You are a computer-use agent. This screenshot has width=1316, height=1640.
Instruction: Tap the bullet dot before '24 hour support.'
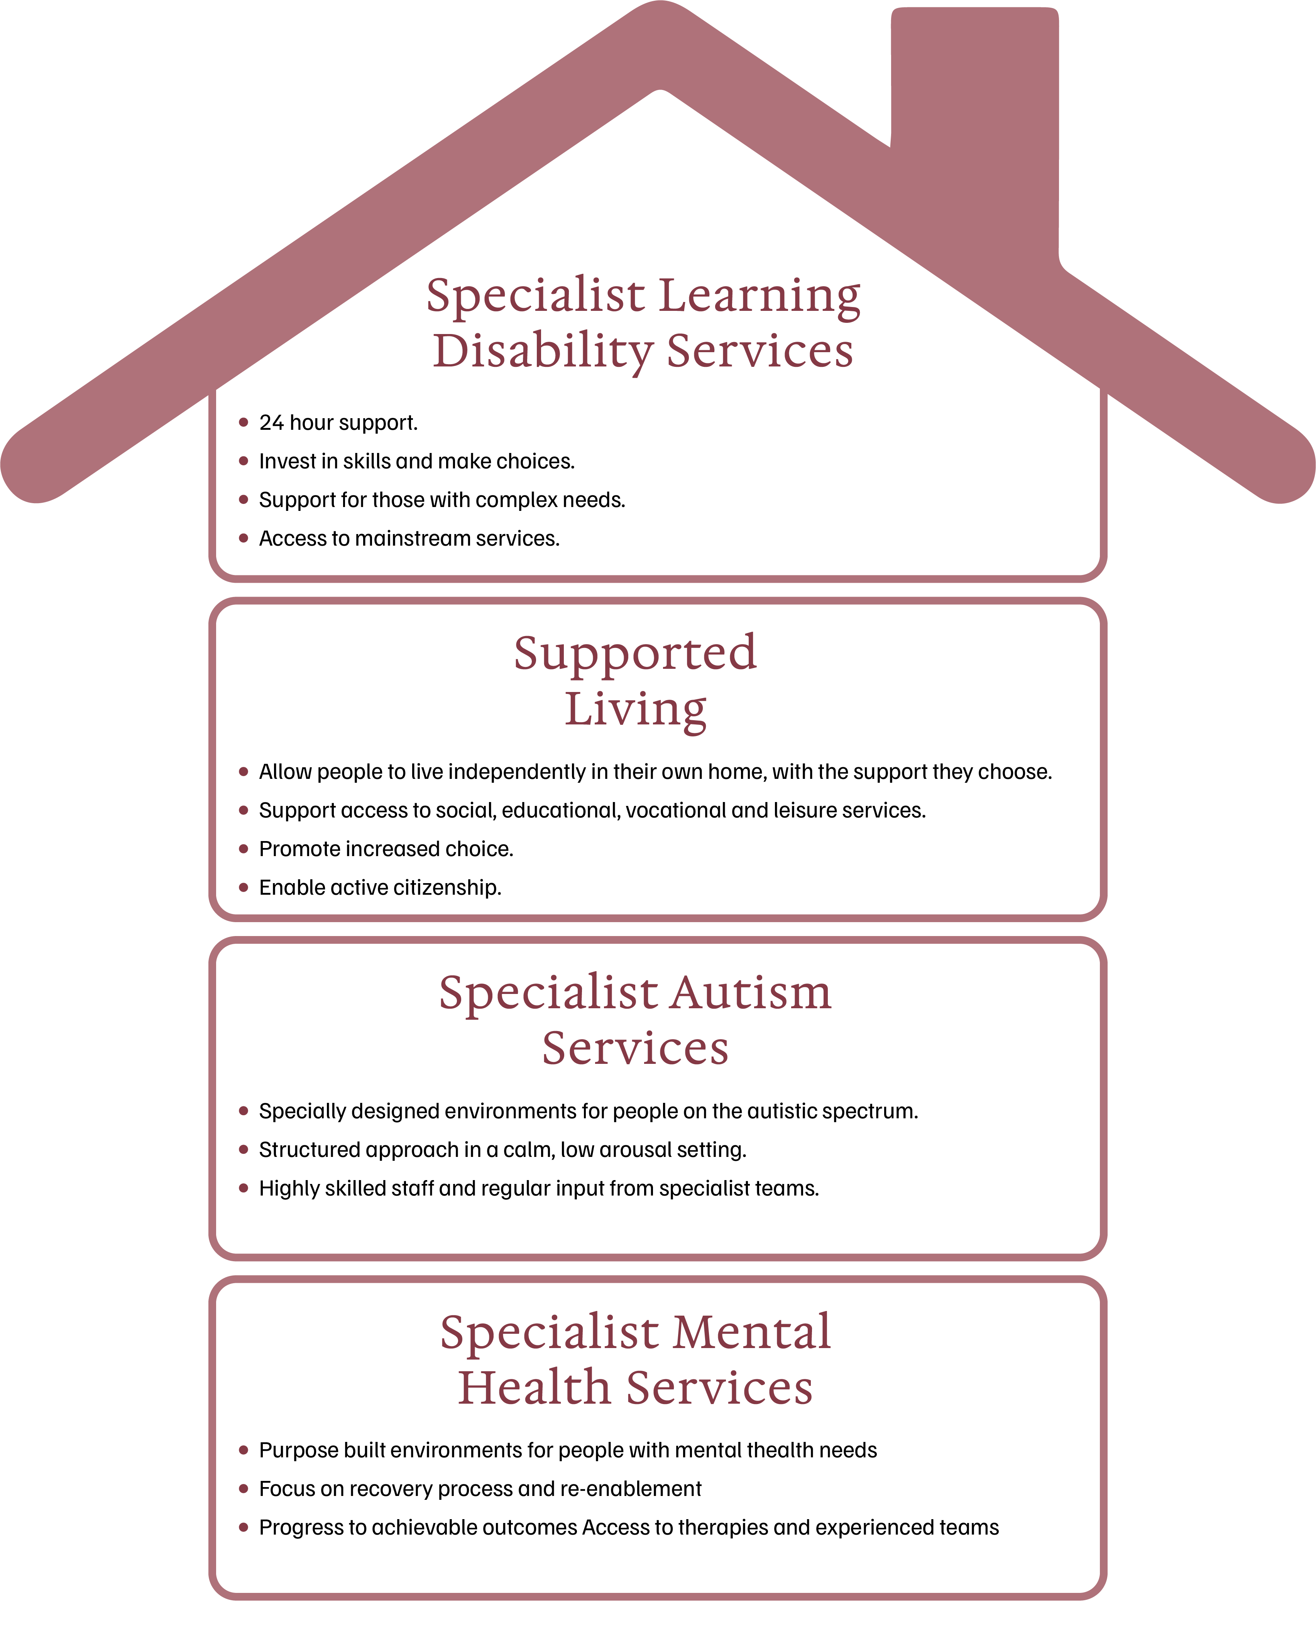pyautogui.click(x=243, y=422)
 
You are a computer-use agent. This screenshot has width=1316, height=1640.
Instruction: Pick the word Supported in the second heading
pyautogui.click(x=635, y=653)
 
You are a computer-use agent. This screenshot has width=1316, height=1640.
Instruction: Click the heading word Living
pyautogui.click(x=635, y=709)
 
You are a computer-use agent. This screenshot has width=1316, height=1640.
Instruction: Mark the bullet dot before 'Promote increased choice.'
pyautogui.click(x=243, y=849)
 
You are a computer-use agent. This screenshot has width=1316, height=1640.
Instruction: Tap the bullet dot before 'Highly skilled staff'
pyautogui.click(x=243, y=1188)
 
